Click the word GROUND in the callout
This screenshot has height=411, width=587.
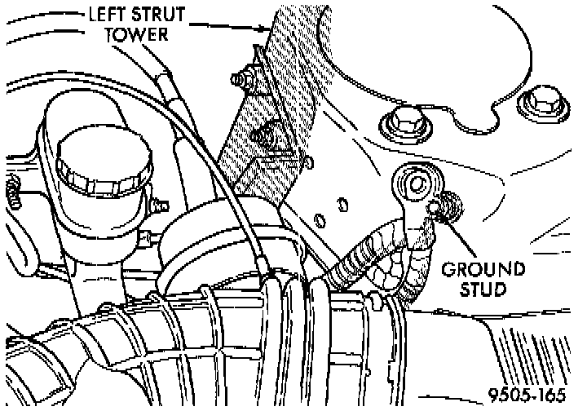coord(483,269)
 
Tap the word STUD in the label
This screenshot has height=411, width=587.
coord(483,289)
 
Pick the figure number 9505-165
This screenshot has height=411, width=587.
coord(528,396)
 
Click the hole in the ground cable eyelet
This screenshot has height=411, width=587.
coord(411,181)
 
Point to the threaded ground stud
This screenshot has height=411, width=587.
coord(447,209)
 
